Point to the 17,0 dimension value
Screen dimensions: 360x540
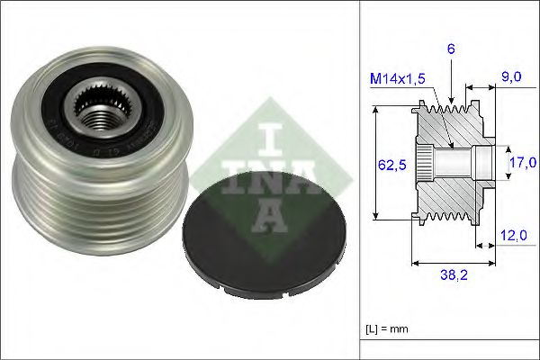pyautogui.click(x=522, y=163)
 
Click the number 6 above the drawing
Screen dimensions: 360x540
pyautogui.click(x=450, y=49)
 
